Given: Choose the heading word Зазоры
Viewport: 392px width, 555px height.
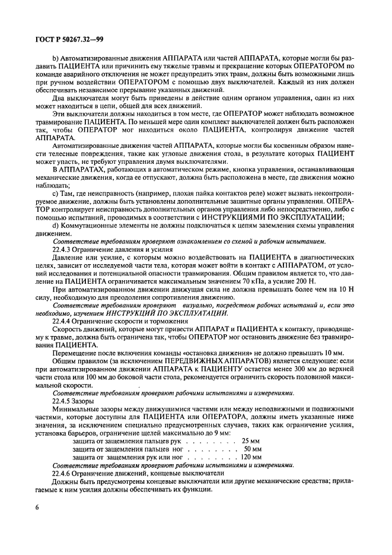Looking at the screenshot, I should [90, 401].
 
